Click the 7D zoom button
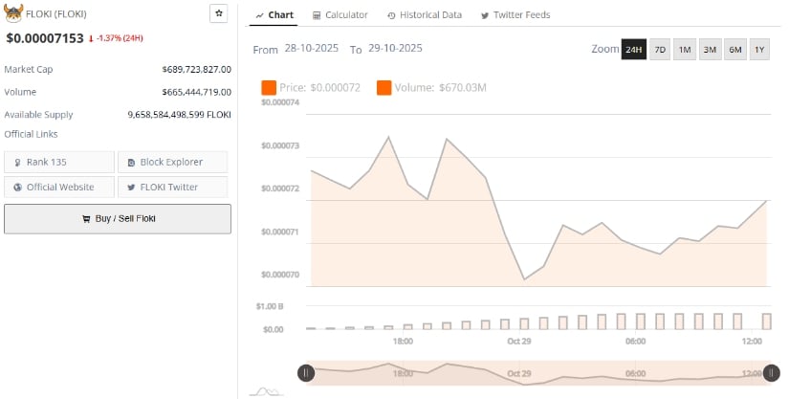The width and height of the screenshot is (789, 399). point(660,49)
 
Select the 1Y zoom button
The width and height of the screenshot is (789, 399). point(759,49)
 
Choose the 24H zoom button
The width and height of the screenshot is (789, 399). point(633,49)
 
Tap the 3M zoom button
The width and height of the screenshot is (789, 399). point(710,49)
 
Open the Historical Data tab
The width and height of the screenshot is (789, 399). point(425,15)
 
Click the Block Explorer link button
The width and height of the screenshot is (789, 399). point(172,162)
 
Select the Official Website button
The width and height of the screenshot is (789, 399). point(59,187)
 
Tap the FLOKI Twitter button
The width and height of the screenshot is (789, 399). point(172,187)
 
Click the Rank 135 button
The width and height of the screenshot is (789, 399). point(59,162)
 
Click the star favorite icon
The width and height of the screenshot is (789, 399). point(219,13)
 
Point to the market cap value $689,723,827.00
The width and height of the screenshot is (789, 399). point(196,69)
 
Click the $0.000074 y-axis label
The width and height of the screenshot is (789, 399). point(280,102)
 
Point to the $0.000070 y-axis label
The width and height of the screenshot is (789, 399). point(280,275)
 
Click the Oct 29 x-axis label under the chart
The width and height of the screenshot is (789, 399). point(519,341)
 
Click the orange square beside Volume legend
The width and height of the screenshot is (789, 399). point(384,88)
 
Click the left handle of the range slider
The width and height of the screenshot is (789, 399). point(306,373)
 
